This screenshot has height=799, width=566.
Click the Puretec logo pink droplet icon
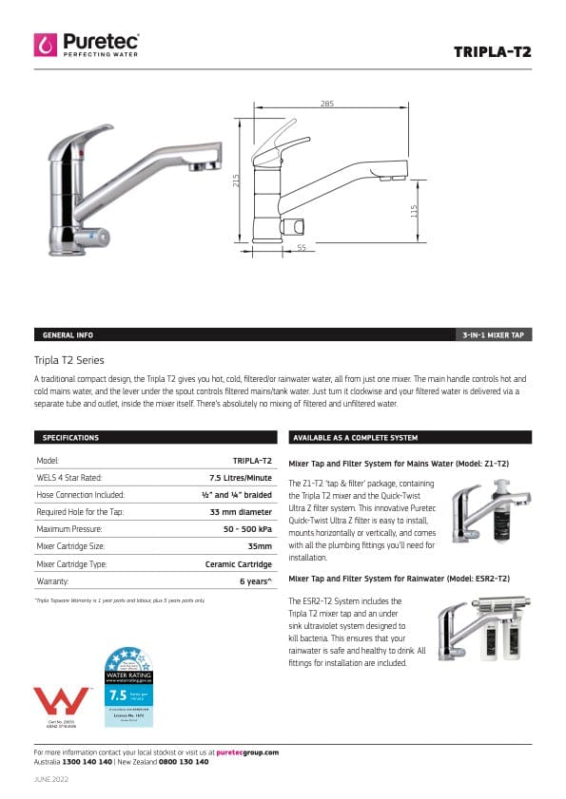[x=46, y=44]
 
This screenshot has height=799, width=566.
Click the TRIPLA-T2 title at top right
[x=492, y=51]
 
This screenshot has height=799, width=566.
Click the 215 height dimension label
[x=237, y=180]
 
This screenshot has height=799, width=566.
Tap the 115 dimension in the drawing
[x=414, y=211]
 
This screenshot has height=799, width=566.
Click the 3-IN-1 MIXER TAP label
[x=493, y=335]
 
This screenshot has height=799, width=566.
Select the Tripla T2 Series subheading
[x=68, y=360]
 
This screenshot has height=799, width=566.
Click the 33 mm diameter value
[x=241, y=511]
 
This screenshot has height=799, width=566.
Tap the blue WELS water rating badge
[x=128, y=685]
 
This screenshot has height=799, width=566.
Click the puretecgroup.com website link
[x=247, y=751]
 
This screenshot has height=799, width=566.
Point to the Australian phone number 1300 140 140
[x=87, y=761]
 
